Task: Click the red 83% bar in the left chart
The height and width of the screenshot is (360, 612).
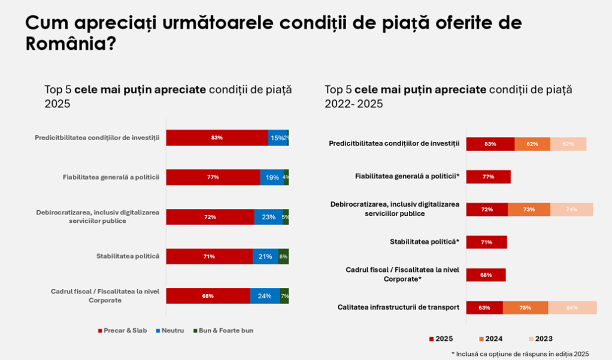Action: (217, 138)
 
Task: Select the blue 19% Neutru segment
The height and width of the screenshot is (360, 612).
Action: (272, 177)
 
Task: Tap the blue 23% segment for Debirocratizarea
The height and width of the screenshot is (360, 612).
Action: (268, 217)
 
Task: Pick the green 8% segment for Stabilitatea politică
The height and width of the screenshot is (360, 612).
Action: (283, 256)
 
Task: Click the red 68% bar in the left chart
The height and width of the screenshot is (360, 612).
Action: (208, 296)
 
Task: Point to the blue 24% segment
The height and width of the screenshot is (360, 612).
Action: (265, 296)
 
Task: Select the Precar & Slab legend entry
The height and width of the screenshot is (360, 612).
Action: (122, 331)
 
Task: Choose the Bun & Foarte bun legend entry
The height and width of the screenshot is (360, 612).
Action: (223, 331)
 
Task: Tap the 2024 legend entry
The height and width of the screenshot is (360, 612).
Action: (490, 338)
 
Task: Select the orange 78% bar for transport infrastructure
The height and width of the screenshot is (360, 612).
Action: (525, 308)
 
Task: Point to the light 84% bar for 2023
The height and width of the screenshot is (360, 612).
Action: (572, 308)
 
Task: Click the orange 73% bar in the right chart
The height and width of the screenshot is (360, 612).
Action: (529, 210)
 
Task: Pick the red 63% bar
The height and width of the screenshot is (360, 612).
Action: (484, 308)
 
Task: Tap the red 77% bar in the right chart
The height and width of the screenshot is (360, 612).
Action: (488, 177)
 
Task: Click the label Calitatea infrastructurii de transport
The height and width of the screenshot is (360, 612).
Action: (398, 307)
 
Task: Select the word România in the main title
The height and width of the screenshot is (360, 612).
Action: (65, 43)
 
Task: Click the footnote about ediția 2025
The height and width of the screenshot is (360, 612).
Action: (520, 354)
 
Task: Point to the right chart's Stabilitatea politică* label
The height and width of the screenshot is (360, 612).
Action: (425, 242)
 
